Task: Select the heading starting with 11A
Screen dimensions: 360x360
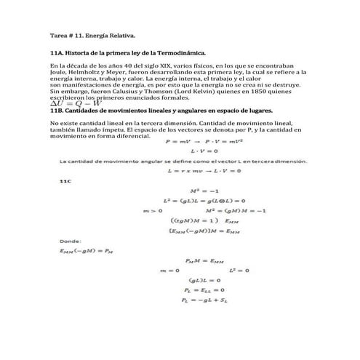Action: [128, 53]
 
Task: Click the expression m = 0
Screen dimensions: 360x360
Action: [169, 270]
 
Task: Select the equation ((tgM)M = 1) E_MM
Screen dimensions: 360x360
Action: [203, 220]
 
